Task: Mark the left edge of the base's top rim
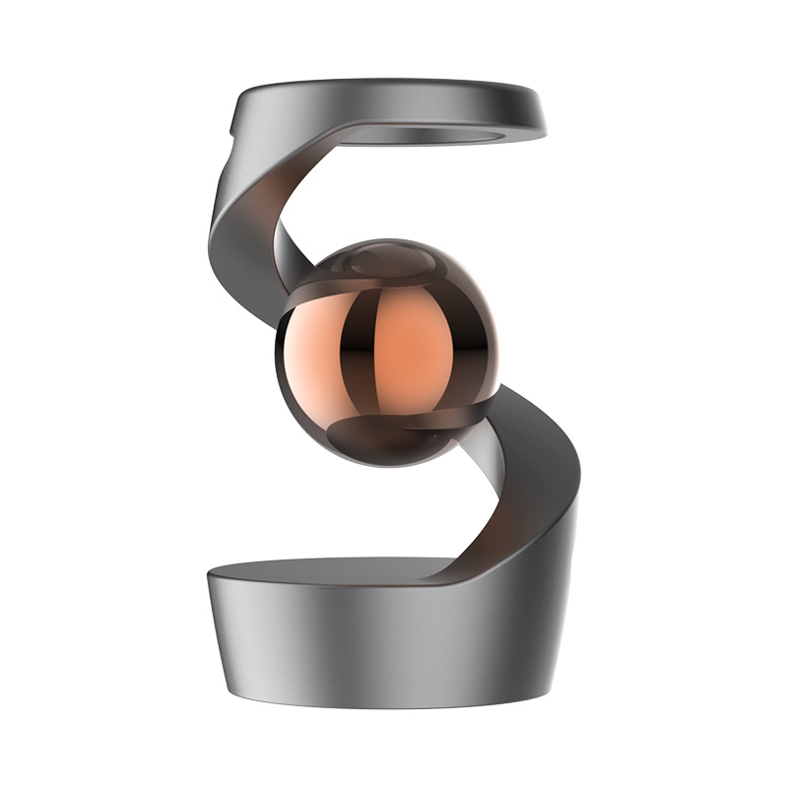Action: pyautogui.click(x=209, y=577)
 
